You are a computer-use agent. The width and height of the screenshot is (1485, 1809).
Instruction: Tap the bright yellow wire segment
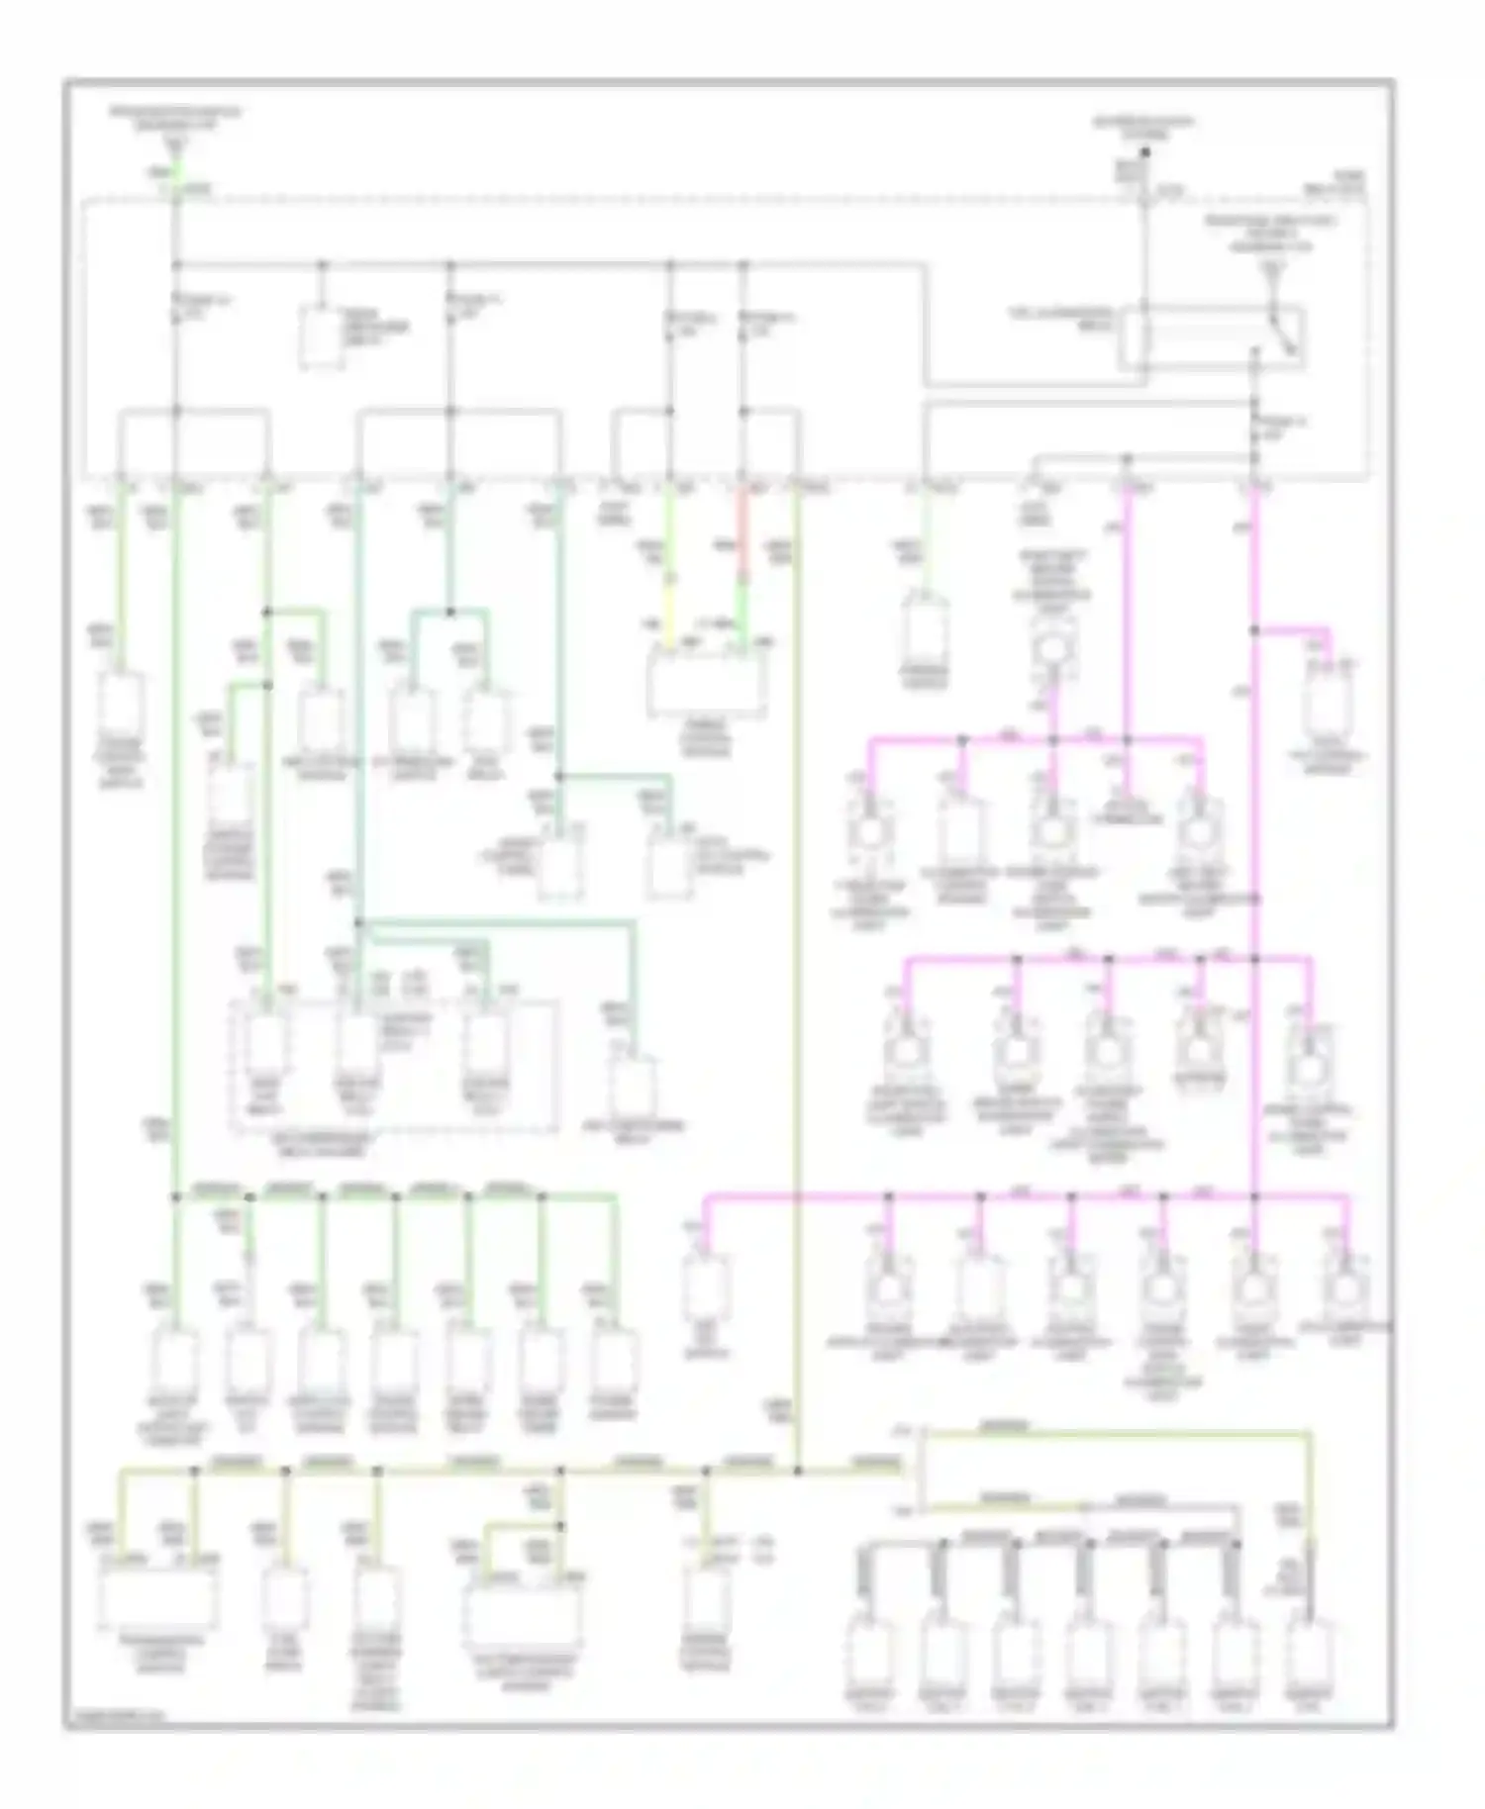(670, 615)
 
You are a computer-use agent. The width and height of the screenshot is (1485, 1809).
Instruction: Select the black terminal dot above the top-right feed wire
(1144, 152)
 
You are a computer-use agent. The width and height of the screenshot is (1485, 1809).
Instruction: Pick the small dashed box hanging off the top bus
(322, 338)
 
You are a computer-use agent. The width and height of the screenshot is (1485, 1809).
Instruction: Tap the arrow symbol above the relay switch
(1277, 268)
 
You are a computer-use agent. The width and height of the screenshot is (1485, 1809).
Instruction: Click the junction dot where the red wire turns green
(744, 574)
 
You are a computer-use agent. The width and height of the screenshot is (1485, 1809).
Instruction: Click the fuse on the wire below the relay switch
(1254, 428)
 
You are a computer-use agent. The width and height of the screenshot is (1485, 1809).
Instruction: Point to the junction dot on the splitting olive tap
(561, 1527)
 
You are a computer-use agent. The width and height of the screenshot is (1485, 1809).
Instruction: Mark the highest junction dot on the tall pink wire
(1254, 629)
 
